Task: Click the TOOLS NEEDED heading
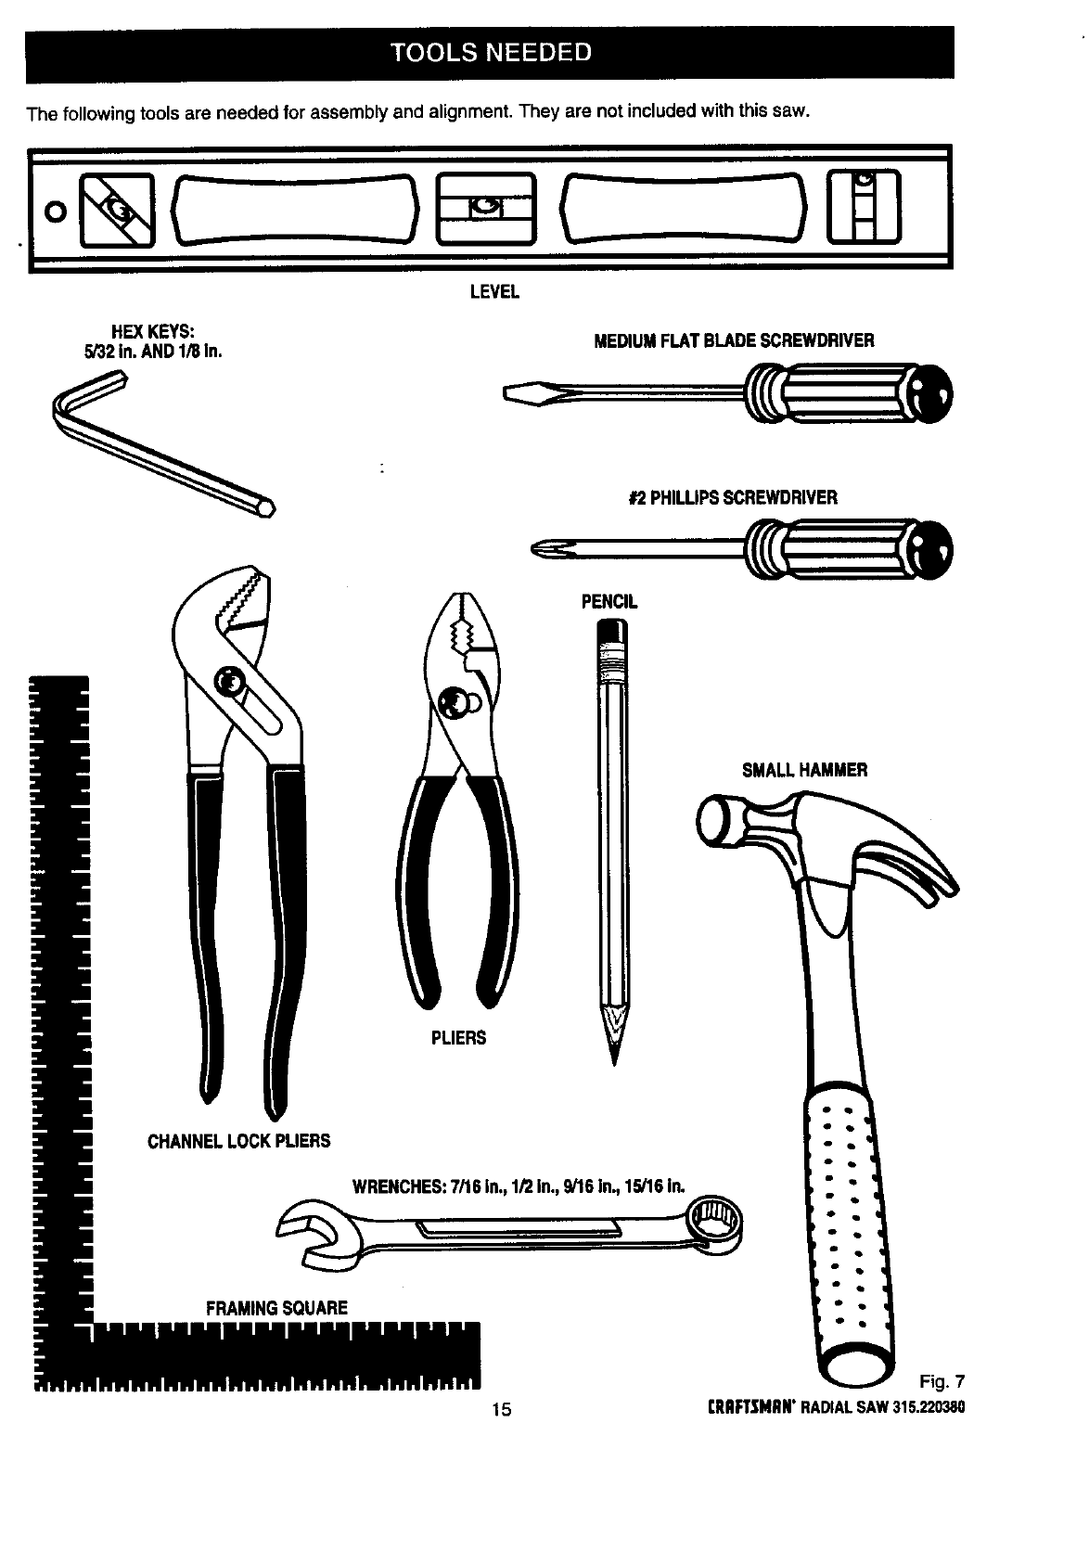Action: [x=490, y=52]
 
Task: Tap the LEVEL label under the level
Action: [x=493, y=292]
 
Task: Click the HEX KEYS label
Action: [x=152, y=340]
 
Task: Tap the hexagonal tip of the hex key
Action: [x=267, y=508]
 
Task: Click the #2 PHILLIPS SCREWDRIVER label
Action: [x=732, y=497]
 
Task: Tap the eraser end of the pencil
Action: [x=612, y=633]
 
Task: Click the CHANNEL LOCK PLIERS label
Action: [x=238, y=1140]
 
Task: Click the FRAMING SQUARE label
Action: [x=276, y=1308]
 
